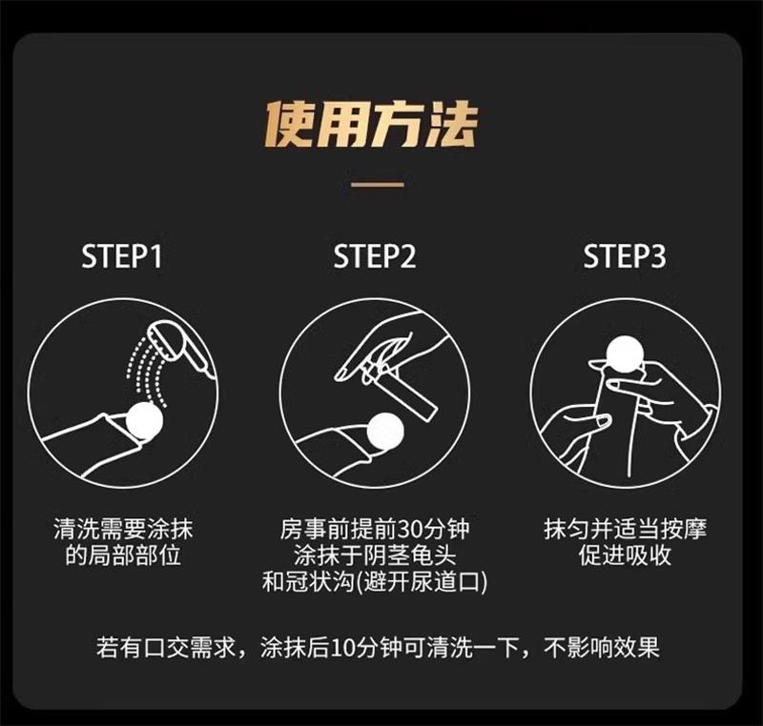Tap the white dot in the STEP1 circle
coord(145,420)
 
